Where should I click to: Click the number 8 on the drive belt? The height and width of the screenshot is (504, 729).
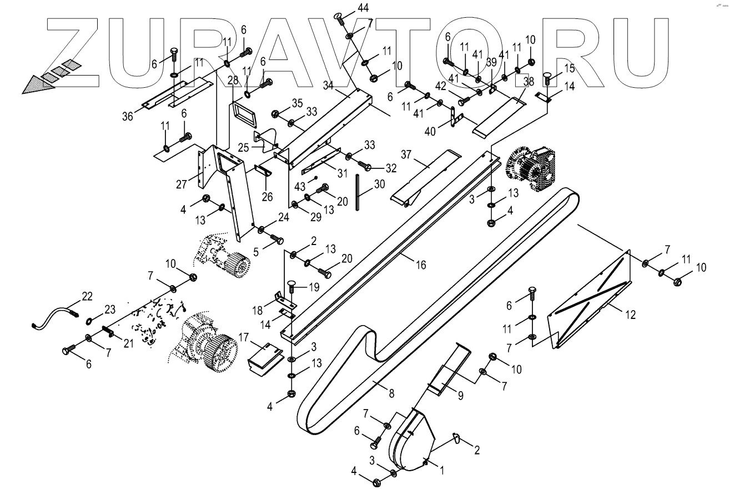pos(391,393)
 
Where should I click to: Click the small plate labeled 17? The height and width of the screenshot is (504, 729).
pos(264,356)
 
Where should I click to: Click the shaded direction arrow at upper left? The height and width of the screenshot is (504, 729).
pos(47,76)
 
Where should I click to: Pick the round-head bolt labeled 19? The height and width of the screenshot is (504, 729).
pos(290,287)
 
